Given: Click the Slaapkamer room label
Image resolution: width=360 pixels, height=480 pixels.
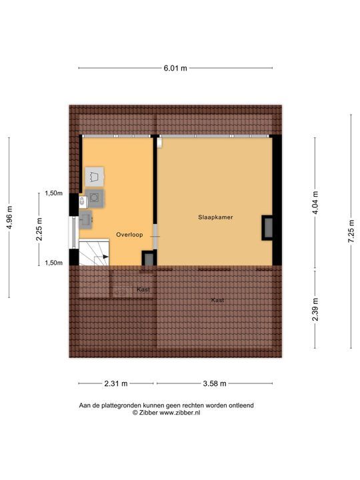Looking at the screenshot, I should (x=215, y=218).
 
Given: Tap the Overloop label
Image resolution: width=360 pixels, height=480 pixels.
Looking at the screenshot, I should (x=129, y=235).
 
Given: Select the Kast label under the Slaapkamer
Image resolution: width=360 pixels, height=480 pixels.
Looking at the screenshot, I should (x=217, y=301).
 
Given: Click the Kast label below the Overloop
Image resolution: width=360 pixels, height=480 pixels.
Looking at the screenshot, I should (x=143, y=290).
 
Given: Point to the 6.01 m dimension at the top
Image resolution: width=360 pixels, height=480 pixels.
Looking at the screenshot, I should (x=175, y=68).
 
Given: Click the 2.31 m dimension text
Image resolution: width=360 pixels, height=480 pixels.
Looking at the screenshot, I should (x=116, y=383).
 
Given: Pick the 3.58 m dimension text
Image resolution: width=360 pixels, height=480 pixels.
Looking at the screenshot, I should (x=214, y=383).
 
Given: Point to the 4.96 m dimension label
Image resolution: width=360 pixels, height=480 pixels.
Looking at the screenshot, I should (x=9, y=217).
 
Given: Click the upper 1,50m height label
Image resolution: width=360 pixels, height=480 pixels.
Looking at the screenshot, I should (x=53, y=193).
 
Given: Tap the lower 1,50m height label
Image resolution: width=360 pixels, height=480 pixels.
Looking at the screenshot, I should (x=53, y=263).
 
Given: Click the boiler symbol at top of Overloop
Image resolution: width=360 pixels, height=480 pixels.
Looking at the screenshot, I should (x=95, y=176).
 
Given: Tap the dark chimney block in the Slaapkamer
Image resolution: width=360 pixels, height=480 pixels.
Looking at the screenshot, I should (x=267, y=228).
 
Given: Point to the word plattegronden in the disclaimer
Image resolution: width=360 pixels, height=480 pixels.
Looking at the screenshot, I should (x=124, y=405).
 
